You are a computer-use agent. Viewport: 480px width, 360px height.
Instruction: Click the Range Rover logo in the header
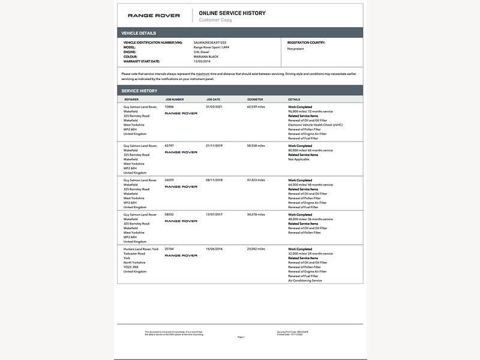click(154, 16)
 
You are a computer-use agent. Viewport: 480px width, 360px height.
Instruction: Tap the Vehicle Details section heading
click(139, 33)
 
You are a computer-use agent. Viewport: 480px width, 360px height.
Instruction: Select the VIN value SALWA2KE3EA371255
click(210, 43)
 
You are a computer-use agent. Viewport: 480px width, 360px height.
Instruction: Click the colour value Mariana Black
click(206, 56)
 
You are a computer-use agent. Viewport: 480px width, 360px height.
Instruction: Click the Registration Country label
click(306, 43)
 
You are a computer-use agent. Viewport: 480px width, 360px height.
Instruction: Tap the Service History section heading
click(139, 91)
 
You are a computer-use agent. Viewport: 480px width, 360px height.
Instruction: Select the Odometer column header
click(255, 99)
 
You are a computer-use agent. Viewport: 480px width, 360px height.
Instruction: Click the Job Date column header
click(213, 99)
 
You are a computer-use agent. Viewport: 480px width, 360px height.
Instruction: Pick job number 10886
click(169, 107)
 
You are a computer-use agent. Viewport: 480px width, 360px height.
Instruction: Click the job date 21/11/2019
click(214, 146)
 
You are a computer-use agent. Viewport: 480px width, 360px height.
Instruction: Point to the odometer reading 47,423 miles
click(256, 180)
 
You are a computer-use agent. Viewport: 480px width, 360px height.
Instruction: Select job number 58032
click(169, 214)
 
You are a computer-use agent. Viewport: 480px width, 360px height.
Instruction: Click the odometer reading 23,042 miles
click(256, 248)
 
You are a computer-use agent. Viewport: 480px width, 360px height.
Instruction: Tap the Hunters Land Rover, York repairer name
click(141, 248)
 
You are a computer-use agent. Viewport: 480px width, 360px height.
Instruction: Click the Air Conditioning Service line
click(305, 280)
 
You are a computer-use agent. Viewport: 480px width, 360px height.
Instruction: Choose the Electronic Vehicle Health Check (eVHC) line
click(316, 125)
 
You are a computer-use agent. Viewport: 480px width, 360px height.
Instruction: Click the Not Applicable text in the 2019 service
click(299, 159)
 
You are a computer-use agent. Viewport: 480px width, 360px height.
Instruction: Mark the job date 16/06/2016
click(214, 248)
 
